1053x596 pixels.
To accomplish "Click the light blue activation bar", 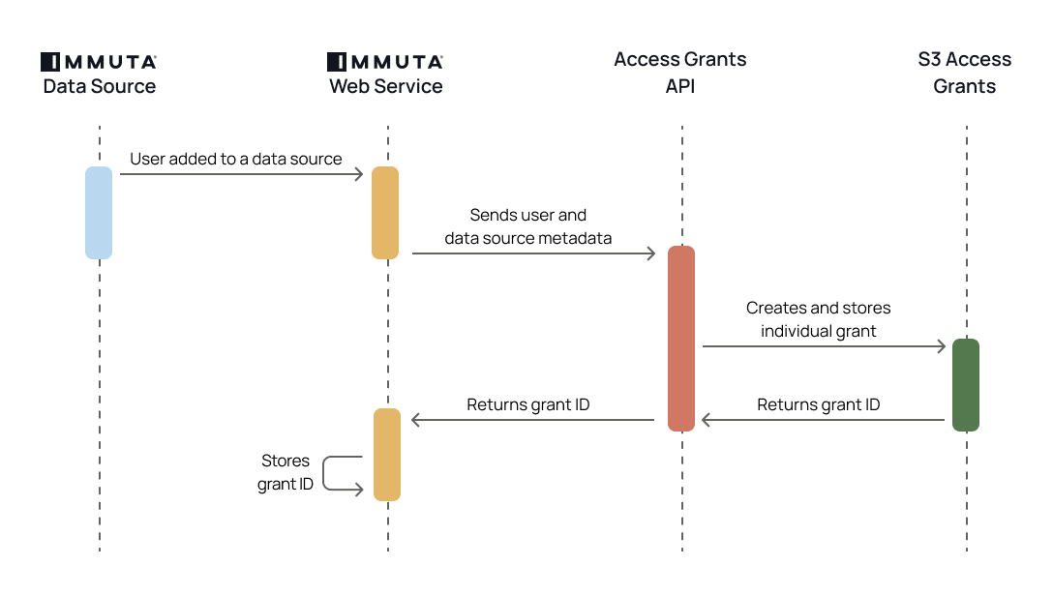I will (x=99, y=213).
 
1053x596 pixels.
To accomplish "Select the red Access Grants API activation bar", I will (x=681, y=338).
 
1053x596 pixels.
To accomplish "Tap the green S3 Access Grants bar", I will (x=966, y=384).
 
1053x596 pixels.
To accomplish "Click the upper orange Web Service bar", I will (x=385, y=213).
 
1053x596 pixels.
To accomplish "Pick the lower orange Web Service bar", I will (x=387, y=454).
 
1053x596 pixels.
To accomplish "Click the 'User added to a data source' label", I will (x=236, y=159).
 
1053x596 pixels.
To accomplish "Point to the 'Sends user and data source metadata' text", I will (x=528, y=226).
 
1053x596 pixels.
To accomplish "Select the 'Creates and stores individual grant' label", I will (x=819, y=319).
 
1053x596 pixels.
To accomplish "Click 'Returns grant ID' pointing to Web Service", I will (x=528, y=404).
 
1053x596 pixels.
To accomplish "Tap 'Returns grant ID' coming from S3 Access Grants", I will (x=819, y=404).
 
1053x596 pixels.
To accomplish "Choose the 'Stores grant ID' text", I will (x=286, y=472).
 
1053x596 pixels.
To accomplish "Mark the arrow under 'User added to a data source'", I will (x=241, y=174).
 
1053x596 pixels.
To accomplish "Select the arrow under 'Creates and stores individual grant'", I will (x=824, y=345).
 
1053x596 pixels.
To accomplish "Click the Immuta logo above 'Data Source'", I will (x=99, y=62).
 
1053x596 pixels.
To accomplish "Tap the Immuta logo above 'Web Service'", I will (x=385, y=62).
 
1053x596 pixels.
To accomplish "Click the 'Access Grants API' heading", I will (x=680, y=73).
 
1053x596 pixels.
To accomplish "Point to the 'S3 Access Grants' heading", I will (x=965, y=73).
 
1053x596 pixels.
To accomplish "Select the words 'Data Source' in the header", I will (x=99, y=86).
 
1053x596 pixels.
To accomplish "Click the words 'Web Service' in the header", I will (x=385, y=86).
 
